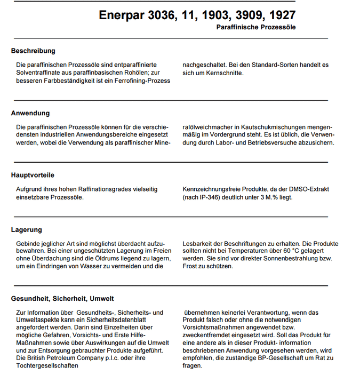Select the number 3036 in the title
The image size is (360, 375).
164,15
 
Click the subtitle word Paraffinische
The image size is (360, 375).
241,27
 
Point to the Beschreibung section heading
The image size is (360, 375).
33,51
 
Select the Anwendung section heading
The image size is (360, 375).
30,113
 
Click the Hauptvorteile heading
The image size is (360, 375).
33,175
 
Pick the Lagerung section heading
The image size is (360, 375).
27,230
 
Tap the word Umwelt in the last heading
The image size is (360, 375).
102,299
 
